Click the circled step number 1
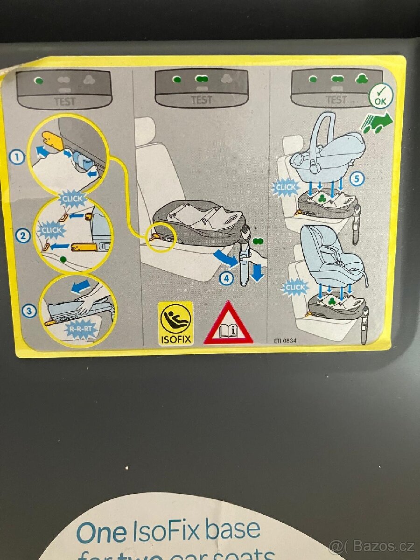tap(17, 157)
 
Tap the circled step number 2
tap(23, 236)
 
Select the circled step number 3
tap(30, 310)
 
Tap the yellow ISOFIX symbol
tap(175, 323)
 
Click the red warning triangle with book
tap(228, 324)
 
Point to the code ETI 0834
tap(285, 341)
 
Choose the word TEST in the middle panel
tap(202, 99)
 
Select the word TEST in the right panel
tap(336, 99)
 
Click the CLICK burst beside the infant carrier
tap(285, 188)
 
